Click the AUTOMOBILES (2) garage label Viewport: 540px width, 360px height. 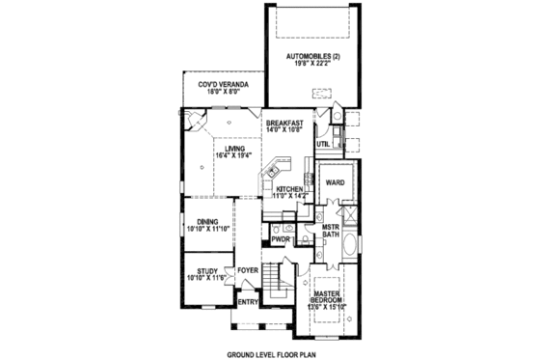(x=313, y=57)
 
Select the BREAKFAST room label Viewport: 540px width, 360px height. (x=287, y=123)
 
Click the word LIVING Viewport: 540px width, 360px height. (x=229, y=148)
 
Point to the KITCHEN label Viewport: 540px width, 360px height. (x=290, y=190)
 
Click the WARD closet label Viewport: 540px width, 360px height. (x=335, y=180)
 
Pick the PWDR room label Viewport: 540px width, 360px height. (x=281, y=237)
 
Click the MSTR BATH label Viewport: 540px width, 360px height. (x=331, y=230)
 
